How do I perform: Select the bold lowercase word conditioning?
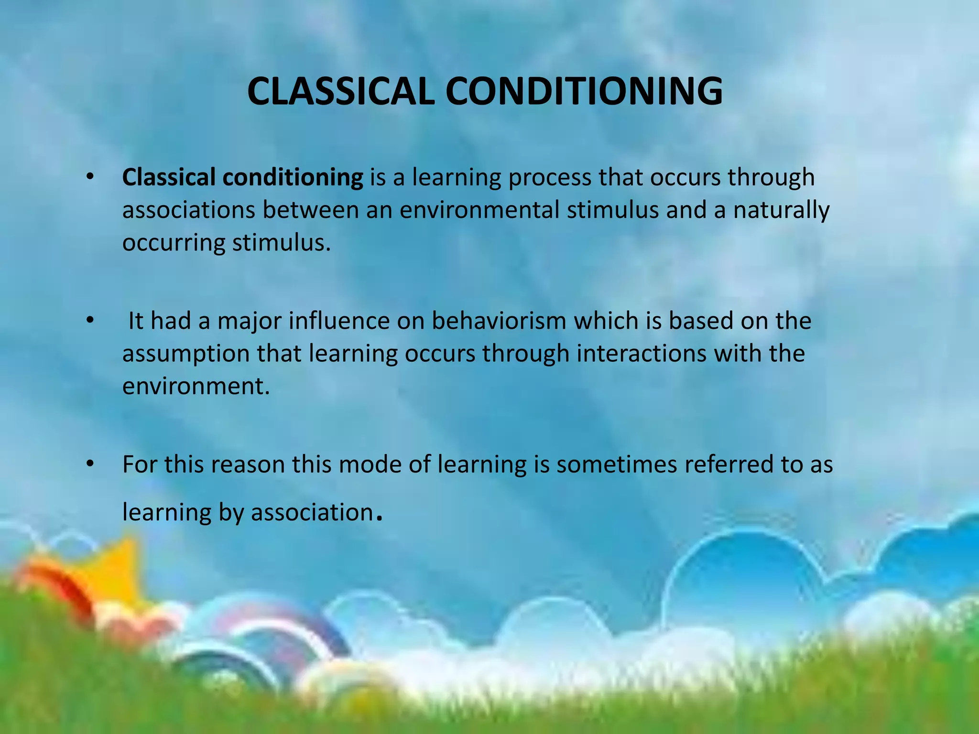293,177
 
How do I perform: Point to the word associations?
189,210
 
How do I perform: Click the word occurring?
174,243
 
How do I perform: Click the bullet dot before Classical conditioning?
89,177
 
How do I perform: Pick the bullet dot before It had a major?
89,321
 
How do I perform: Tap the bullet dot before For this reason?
89,464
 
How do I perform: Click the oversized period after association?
380,518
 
